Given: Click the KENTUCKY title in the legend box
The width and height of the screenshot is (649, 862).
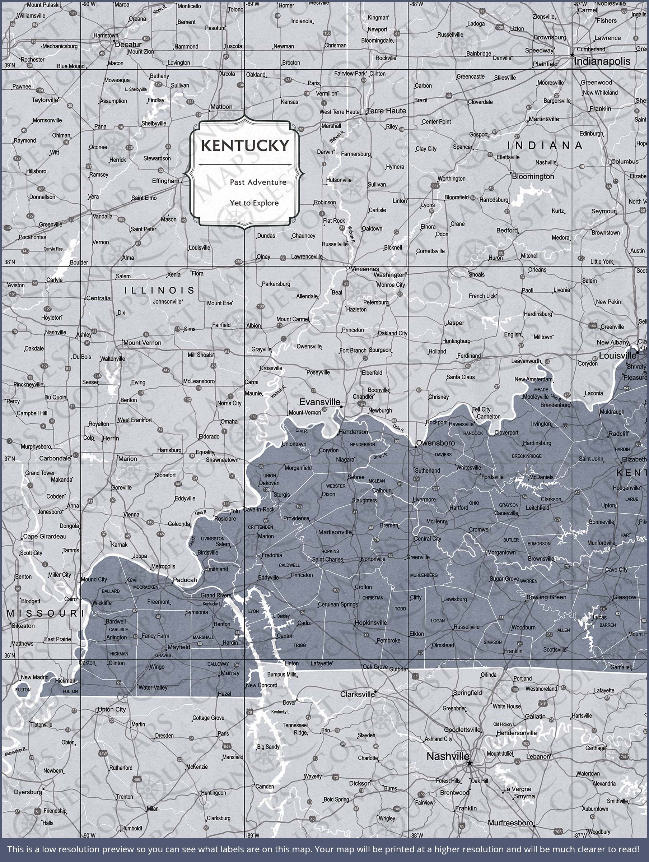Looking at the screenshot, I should tap(245, 146).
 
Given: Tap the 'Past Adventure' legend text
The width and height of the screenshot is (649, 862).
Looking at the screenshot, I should tap(258, 182).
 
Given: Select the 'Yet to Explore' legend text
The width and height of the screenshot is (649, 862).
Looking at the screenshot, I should tap(254, 203).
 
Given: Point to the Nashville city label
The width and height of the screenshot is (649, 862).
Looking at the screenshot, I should tap(448, 756).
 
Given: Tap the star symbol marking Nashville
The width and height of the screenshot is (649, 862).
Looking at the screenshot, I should tap(470, 763).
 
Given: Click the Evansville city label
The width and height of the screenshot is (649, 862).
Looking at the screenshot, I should tap(319, 402).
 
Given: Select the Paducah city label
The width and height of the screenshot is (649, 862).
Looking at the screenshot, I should tap(185, 580).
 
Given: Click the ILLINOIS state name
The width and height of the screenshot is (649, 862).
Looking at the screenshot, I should tap(159, 290).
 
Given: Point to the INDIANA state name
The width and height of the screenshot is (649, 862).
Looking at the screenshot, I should tap(545, 146).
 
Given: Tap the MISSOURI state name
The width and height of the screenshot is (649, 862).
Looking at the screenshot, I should tap(43, 614).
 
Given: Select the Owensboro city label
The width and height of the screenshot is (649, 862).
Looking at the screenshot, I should tap(435, 443).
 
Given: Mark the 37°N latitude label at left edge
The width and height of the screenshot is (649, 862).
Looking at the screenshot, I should tap(9, 458).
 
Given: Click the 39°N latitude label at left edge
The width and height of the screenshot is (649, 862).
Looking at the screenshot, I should tap(9, 65).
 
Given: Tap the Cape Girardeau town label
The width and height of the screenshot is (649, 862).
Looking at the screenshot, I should tap(45, 536).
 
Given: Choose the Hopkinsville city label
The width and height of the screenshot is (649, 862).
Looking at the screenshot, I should tap(370, 623).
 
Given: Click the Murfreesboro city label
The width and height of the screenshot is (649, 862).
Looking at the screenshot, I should tap(510, 822).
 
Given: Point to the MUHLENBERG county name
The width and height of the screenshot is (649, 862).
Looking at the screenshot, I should tap(424, 575).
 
